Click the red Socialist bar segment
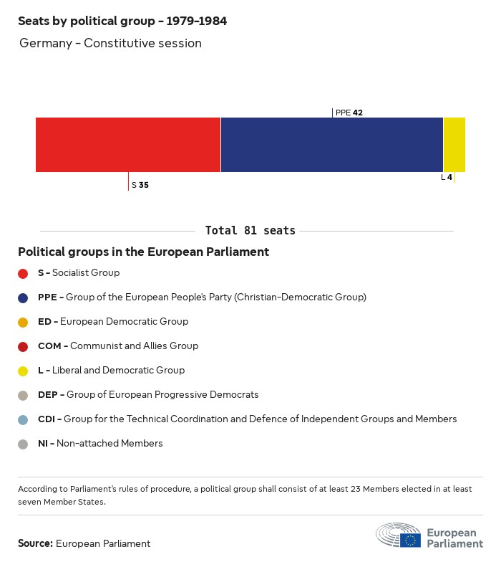128,145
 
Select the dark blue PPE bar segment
332,145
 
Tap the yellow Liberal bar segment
454,145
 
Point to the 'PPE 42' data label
349,113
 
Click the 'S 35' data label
140,185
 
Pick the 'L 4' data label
447,177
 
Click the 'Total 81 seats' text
250,231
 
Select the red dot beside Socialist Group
23,273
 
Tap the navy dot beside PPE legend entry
23,297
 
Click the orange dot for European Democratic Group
23,322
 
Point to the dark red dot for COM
23,346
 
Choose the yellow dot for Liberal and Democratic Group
23,371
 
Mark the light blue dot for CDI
23,419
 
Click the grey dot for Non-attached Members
23,444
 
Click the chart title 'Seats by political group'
122,22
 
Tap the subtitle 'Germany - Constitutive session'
110,44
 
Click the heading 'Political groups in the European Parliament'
143,252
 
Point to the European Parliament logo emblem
399,536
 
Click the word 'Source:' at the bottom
35,543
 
